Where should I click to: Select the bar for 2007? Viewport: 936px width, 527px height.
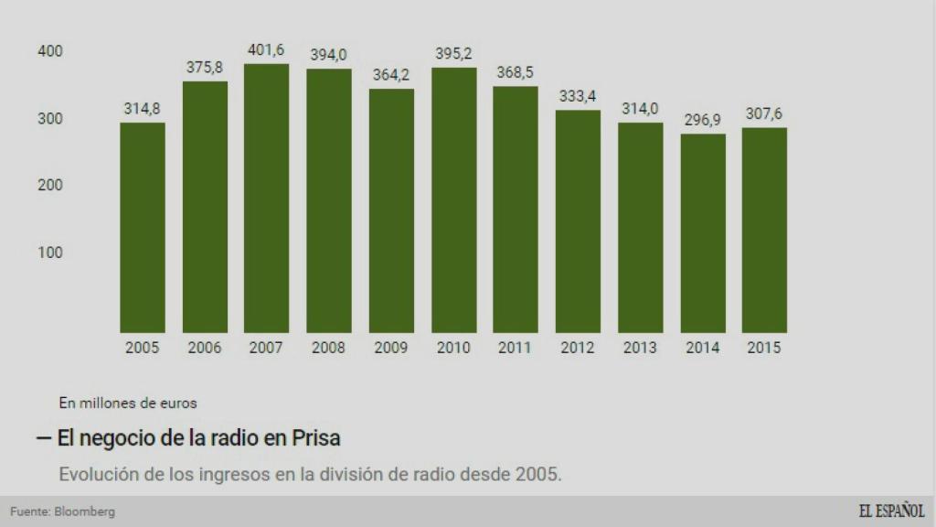(x=266, y=198)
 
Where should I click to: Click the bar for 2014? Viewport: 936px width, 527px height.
(x=703, y=233)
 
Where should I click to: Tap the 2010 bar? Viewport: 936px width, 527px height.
(x=453, y=199)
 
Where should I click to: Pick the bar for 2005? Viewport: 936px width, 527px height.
(x=143, y=228)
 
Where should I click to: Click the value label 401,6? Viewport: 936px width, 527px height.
(x=266, y=50)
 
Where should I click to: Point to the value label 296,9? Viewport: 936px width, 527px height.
(x=703, y=120)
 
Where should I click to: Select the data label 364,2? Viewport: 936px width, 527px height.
(x=391, y=75)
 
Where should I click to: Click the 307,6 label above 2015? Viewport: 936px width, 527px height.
(x=764, y=114)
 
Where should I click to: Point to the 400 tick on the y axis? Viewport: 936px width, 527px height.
(x=50, y=51)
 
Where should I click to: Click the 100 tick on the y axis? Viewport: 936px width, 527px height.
(x=50, y=253)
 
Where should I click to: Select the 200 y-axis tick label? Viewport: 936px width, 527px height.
(x=50, y=186)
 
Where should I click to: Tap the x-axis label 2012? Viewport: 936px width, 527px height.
(x=578, y=348)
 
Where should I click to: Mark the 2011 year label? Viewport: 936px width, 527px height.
(x=516, y=348)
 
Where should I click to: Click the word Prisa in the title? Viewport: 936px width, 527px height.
(x=315, y=438)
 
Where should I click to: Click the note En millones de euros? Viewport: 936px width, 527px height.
(x=128, y=402)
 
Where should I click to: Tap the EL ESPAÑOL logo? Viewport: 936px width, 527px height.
(x=891, y=511)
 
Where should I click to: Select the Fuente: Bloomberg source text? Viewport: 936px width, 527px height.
(x=63, y=511)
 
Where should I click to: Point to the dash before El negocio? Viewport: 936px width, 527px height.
(x=43, y=438)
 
